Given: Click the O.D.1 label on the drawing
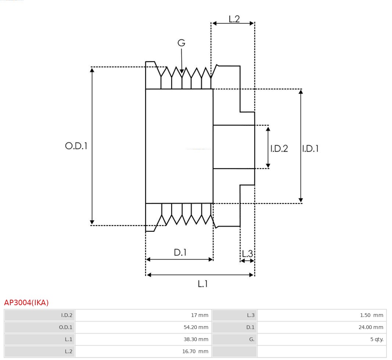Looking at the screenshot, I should [76, 146].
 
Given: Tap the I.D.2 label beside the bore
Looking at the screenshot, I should [279, 149].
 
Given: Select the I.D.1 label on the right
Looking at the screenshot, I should [310, 149].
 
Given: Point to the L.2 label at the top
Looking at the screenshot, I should [234, 19].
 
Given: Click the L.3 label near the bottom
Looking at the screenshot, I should [247, 253].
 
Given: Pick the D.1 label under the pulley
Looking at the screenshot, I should [180, 253].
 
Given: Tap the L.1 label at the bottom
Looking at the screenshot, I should [203, 284].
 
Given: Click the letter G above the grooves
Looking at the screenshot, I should [181, 43].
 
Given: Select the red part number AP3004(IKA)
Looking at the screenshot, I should [26, 303].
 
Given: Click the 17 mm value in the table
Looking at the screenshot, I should [199, 315].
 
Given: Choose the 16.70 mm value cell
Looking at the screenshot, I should [198, 352].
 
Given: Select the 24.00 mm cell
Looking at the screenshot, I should [371, 327].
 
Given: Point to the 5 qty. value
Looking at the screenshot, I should [377, 339].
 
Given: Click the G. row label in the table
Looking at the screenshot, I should [252, 339].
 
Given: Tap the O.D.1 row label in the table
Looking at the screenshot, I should [66, 327].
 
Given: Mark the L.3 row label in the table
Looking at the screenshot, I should [250, 315].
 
